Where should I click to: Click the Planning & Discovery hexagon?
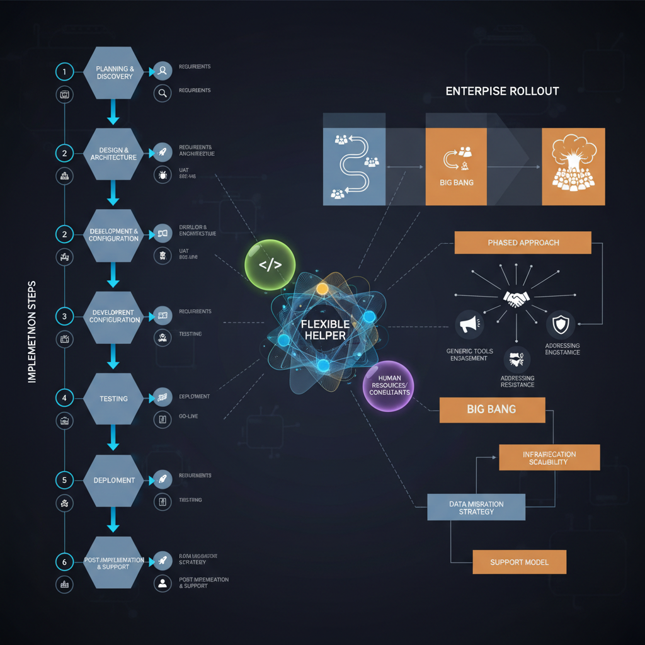[115, 72]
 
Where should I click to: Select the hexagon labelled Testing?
[114, 398]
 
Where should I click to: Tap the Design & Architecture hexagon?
[114, 154]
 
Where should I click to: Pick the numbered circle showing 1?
[64, 72]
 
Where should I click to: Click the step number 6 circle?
[64, 560]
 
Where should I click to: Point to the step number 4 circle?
[64, 398]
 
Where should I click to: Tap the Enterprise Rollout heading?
[502, 91]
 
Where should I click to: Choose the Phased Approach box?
[523, 243]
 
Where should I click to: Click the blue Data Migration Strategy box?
[476, 508]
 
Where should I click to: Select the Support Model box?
[519, 562]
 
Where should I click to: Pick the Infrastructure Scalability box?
[549, 458]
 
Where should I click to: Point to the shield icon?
[559, 325]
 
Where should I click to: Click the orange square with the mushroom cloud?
[573, 167]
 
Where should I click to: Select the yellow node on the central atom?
[322, 289]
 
